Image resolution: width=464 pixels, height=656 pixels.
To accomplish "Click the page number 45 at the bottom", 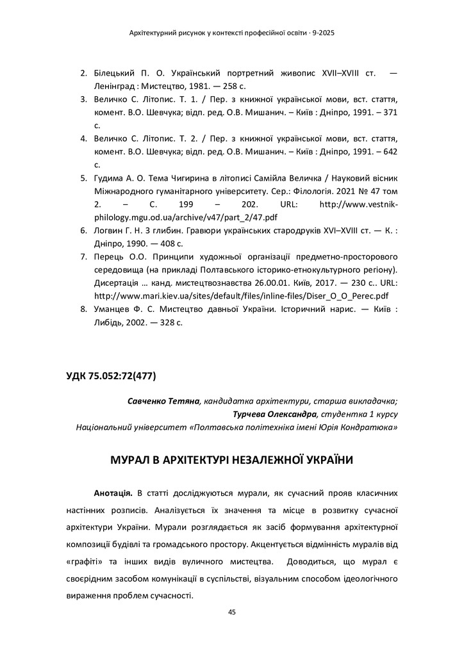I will (x=232, y=612).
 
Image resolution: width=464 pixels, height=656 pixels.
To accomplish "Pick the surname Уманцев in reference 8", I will (x=113, y=309).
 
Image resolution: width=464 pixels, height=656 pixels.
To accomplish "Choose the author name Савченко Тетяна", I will (x=164, y=402).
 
